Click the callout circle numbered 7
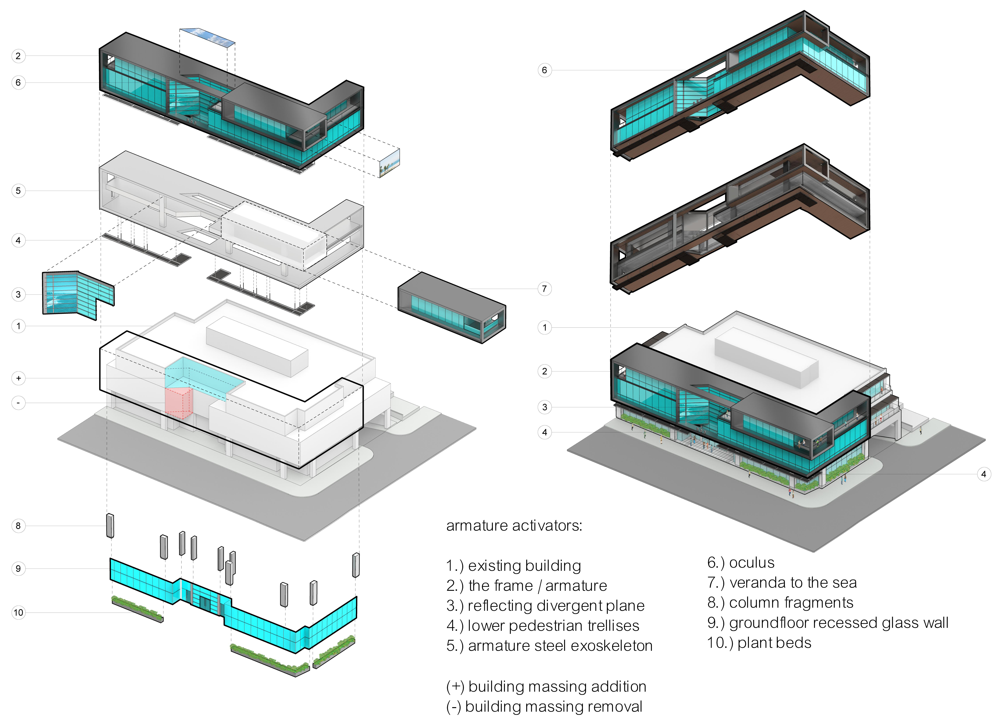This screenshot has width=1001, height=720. point(544,289)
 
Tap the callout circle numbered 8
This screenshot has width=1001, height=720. point(18,526)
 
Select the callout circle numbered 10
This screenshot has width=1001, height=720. point(18,613)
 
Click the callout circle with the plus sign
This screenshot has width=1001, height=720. point(18,378)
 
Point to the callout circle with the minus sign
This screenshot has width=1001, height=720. point(18,403)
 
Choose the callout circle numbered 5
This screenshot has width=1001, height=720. point(18,191)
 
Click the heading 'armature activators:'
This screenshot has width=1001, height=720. point(514,526)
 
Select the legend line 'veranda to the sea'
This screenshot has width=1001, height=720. point(793,583)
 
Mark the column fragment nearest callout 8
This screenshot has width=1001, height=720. point(110,526)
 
